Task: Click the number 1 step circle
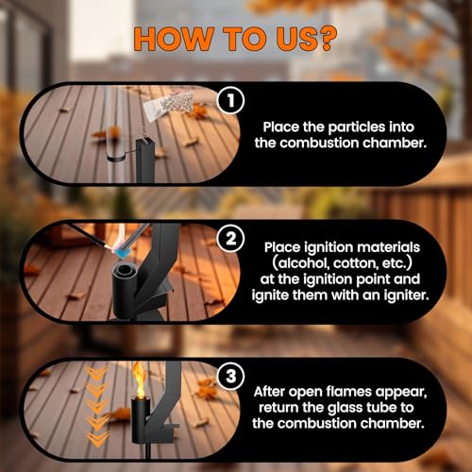(230, 100)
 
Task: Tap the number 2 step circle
(230, 239)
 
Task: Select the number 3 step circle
(230, 376)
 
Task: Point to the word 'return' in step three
(278, 408)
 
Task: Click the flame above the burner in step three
(139, 379)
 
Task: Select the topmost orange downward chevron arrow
(96, 372)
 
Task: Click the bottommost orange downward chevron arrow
(97, 437)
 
